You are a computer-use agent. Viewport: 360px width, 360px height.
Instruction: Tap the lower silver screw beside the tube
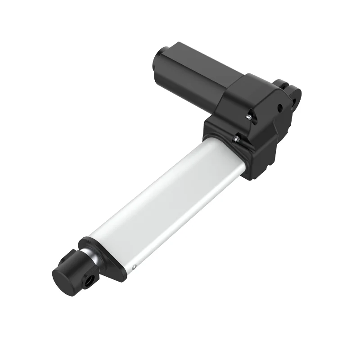click(x=235, y=139)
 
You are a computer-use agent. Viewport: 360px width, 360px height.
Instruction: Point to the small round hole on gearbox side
click(x=279, y=108)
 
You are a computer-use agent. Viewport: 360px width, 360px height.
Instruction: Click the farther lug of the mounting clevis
click(x=282, y=84)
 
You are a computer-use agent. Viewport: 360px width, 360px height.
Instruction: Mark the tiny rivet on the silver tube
click(x=135, y=268)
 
